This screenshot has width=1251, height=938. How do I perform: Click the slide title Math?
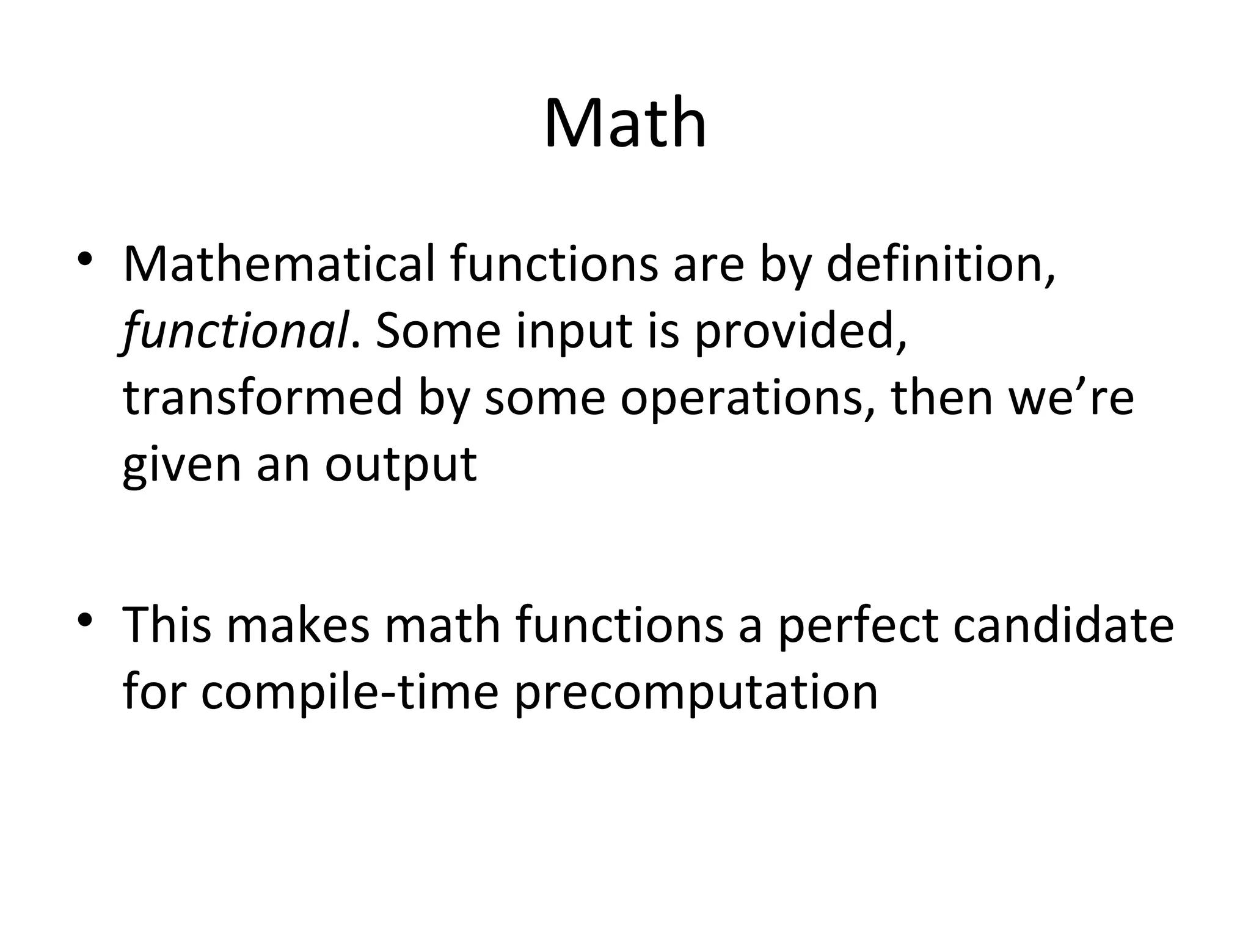point(625,124)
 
